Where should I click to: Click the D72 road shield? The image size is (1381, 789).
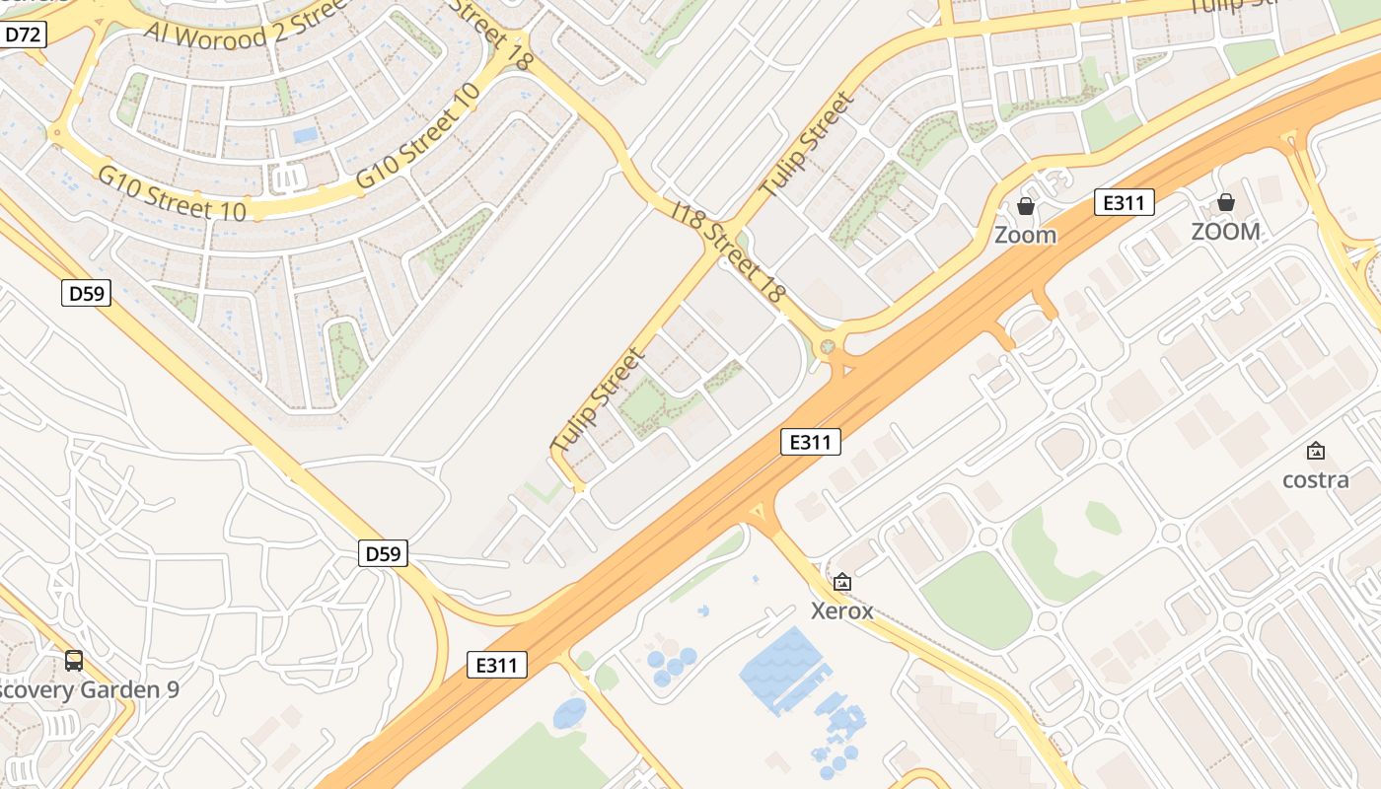tap(23, 36)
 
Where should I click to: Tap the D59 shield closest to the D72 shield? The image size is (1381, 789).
tap(86, 292)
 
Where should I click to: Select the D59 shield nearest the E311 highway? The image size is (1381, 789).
tap(382, 553)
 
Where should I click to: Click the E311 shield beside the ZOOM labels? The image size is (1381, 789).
tap(1124, 203)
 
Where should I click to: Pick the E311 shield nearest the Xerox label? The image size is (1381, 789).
tap(811, 442)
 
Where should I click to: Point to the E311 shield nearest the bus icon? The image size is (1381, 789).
tap(497, 665)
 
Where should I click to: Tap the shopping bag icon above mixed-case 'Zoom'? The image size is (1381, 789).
tap(1026, 206)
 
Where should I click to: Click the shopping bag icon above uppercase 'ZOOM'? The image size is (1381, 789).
tap(1225, 202)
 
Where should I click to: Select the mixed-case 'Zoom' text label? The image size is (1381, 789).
tap(1025, 235)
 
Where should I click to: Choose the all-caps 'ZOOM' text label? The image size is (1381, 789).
tap(1225, 232)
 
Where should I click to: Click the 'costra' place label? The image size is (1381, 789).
tap(1315, 479)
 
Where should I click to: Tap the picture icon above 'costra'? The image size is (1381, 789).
tap(1315, 452)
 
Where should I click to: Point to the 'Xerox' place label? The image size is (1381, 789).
tap(841, 610)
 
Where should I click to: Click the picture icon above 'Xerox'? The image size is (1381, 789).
tap(841, 582)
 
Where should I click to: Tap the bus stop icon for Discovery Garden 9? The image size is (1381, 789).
tap(74, 661)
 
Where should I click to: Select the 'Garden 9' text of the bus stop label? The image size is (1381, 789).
tap(128, 689)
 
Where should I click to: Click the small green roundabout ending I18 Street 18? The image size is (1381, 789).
tap(828, 346)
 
